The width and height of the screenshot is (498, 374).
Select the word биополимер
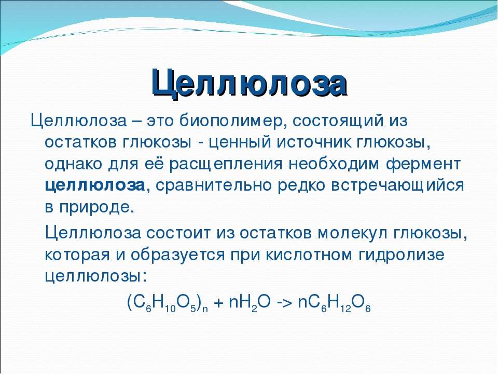[x=230, y=122]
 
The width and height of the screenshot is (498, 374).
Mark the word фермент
[x=423, y=164]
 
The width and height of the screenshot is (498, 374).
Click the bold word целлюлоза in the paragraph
[x=95, y=185]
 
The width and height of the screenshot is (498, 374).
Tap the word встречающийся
[x=398, y=185]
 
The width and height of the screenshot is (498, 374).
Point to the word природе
[x=94, y=208]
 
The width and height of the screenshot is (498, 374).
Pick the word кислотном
[x=309, y=255]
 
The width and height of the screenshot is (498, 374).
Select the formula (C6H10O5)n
[x=168, y=303]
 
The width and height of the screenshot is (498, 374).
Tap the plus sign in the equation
[x=218, y=303]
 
